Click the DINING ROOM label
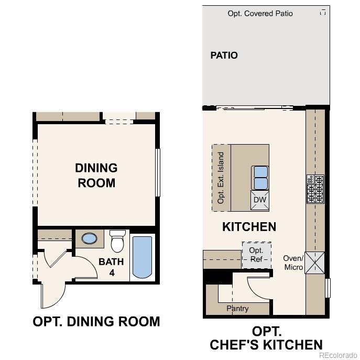click(96, 176)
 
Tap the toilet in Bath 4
click(116, 243)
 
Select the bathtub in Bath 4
click(142, 257)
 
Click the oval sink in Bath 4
click(90, 239)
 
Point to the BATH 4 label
click(111, 267)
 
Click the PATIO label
click(224, 56)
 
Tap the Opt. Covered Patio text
click(260, 14)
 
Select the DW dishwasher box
click(260, 200)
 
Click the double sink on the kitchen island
click(260, 178)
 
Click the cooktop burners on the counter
click(315, 189)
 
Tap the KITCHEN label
click(249, 227)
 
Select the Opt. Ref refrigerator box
click(256, 255)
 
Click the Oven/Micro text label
click(293, 263)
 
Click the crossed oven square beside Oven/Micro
click(315, 263)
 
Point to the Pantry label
click(237, 309)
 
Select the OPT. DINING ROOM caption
click(96, 321)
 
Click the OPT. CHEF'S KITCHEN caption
click(266, 338)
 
